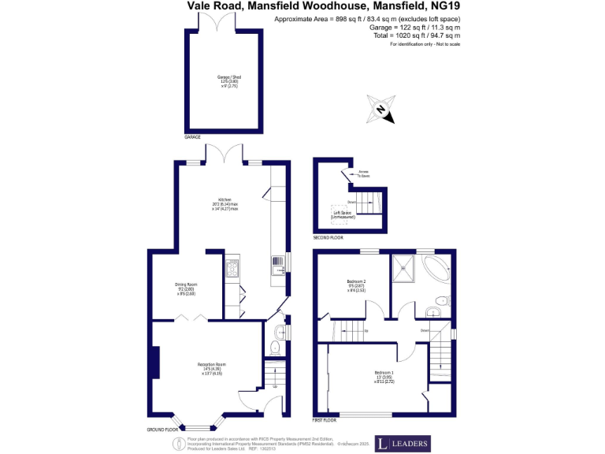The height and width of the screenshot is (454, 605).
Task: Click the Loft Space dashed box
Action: point(343,213)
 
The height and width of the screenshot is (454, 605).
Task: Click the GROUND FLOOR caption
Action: point(161,430)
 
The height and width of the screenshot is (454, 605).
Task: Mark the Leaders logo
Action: point(402,444)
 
